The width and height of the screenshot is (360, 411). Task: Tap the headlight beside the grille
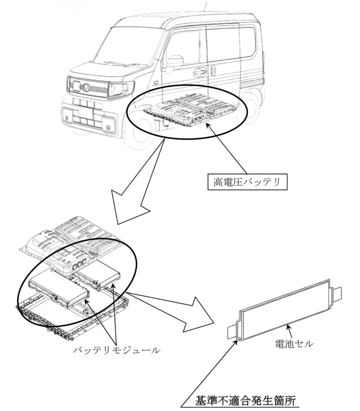[x=119, y=89]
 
